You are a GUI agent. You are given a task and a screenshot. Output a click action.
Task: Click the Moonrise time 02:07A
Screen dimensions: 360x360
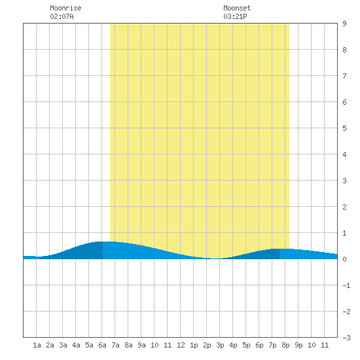pos(62,16)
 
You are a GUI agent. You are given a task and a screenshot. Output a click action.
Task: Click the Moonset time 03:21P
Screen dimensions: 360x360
pos(235,16)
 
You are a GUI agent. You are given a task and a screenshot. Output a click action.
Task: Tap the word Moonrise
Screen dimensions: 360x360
pos(65,8)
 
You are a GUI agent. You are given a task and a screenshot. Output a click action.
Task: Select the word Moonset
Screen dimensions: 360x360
pos(237,8)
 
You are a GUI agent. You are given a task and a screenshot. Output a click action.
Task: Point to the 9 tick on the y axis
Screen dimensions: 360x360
pos(344,24)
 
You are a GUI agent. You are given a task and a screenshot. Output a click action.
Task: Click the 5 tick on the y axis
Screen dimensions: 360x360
pos(344,128)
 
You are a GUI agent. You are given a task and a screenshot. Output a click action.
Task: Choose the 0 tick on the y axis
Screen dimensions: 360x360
pos(344,259)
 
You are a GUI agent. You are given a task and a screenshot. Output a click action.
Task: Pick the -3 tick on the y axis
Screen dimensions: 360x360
pos(346,338)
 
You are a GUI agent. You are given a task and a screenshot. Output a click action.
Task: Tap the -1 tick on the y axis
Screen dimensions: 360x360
pos(346,285)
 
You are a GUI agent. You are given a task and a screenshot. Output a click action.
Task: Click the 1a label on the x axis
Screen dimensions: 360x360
pos(37,345)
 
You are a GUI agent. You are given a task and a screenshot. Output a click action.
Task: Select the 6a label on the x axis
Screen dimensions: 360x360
pos(102,345)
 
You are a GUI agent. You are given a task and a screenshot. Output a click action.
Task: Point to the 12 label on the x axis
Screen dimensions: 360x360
pos(181,345)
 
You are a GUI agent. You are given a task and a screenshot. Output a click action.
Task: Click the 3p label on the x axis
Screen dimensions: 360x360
pos(220,345)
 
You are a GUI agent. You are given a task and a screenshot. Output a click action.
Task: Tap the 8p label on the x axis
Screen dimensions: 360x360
pos(285,345)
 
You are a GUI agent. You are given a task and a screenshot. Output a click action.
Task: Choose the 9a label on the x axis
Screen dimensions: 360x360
pos(141,345)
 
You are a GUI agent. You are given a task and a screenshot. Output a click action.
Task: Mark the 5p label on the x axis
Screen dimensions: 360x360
pos(246,345)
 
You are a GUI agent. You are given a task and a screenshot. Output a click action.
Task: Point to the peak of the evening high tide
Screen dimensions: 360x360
pos(279,249)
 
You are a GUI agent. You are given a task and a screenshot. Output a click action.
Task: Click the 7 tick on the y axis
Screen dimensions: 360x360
pos(344,76)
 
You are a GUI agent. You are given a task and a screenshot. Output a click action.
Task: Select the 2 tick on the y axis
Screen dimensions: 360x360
pos(344,207)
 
